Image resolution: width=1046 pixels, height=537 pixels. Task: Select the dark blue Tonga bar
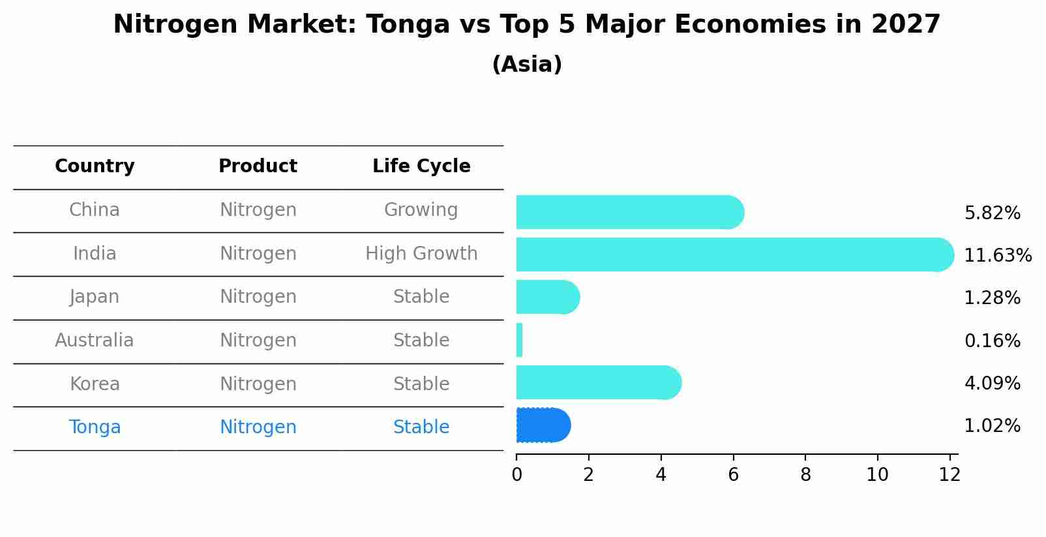tap(543, 425)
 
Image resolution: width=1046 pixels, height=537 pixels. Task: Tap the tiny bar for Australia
tap(520, 340)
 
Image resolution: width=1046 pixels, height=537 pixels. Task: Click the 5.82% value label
tap(992, 213)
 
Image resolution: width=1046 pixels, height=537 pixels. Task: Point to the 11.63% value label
tap(997, 255)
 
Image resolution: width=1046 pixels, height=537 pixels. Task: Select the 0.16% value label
tap(992, 341)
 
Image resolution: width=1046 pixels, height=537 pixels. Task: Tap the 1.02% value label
tap(992, 426)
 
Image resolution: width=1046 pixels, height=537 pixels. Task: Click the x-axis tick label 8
tap(805, 475)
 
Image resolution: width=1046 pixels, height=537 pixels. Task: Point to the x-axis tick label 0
tap(516, 475)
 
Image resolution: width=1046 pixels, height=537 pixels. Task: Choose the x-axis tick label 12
tap(949, 475)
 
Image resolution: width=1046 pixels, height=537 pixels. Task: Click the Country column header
tap(95, 166)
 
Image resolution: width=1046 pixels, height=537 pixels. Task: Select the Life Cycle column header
tap(421, 166)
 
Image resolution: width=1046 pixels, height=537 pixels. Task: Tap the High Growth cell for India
tap(421, 253)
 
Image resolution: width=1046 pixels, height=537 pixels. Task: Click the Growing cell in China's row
tap(421, 210)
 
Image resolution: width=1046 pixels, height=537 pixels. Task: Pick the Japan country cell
tap(95, 297)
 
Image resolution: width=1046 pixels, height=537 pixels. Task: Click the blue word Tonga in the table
tap(95, 427)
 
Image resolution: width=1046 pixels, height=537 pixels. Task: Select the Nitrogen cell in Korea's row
tap(258, 384)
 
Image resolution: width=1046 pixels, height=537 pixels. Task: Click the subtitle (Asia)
tap(527, 65)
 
